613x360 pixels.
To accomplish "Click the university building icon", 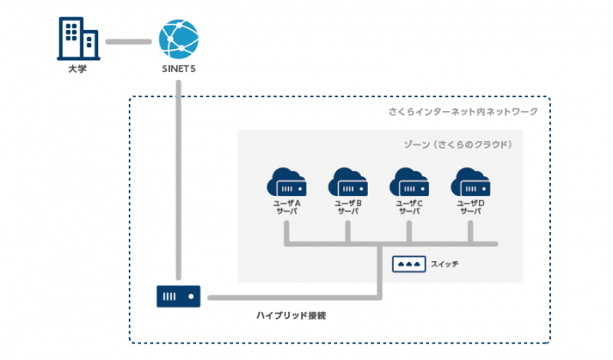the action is tap(78, 39).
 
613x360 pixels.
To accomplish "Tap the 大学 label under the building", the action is tap(77, 69).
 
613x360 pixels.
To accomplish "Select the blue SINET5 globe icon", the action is tap(179, 39).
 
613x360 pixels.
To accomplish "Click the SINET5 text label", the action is tap(179, 69).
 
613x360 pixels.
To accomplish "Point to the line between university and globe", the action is tap(129, 41).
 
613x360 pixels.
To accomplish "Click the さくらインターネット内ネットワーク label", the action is tap(463, 112).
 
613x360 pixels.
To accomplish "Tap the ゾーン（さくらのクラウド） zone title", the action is tap(458, 145).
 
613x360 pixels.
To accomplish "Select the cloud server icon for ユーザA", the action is tap(286, 182).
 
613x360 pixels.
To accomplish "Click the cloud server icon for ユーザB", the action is tap(348, 182).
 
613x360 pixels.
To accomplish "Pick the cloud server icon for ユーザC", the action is tap(409, 182).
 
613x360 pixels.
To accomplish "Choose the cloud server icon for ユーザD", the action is tap(471, 182).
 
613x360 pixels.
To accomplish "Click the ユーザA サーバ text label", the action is tap(286, 208).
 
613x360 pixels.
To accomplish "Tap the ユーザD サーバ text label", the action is tap(471, 208).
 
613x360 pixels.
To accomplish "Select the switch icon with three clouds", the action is tap(409, 265).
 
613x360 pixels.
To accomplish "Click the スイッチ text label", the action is tap(445, 265).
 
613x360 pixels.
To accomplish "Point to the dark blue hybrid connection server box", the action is tap(179, 296).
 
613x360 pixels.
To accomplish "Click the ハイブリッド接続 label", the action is tap(292, 315).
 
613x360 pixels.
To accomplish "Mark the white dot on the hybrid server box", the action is tap(191, 296).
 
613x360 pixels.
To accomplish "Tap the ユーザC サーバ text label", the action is tap(409, 208).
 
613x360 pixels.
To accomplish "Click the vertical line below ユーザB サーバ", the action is tap(348, 232).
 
